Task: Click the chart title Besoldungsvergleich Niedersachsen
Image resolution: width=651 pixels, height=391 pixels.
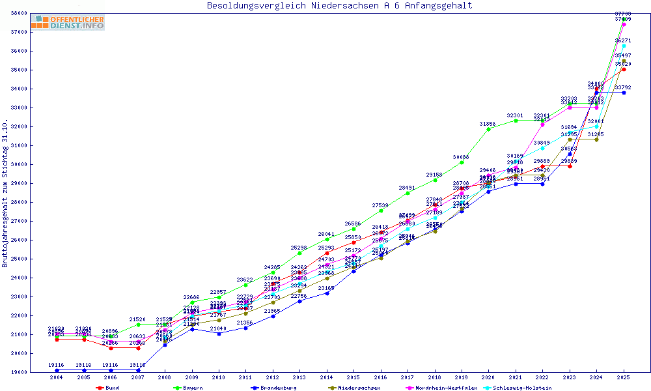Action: coord(339,6)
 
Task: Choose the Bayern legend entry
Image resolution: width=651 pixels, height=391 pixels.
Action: coord(193,388)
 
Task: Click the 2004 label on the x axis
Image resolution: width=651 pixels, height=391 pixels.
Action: coord(57,377)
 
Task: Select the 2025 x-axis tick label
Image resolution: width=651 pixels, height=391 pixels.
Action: coord(624,377)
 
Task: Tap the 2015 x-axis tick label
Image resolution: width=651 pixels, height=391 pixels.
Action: coord(353,377)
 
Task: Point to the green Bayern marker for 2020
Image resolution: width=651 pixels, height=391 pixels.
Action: coord(489,129)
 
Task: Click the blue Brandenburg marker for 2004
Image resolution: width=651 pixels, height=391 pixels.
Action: coord(57,370)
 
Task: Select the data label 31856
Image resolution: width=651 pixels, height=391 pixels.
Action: coord(488,123)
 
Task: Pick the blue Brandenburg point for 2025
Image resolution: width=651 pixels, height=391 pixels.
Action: coord(624,93)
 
